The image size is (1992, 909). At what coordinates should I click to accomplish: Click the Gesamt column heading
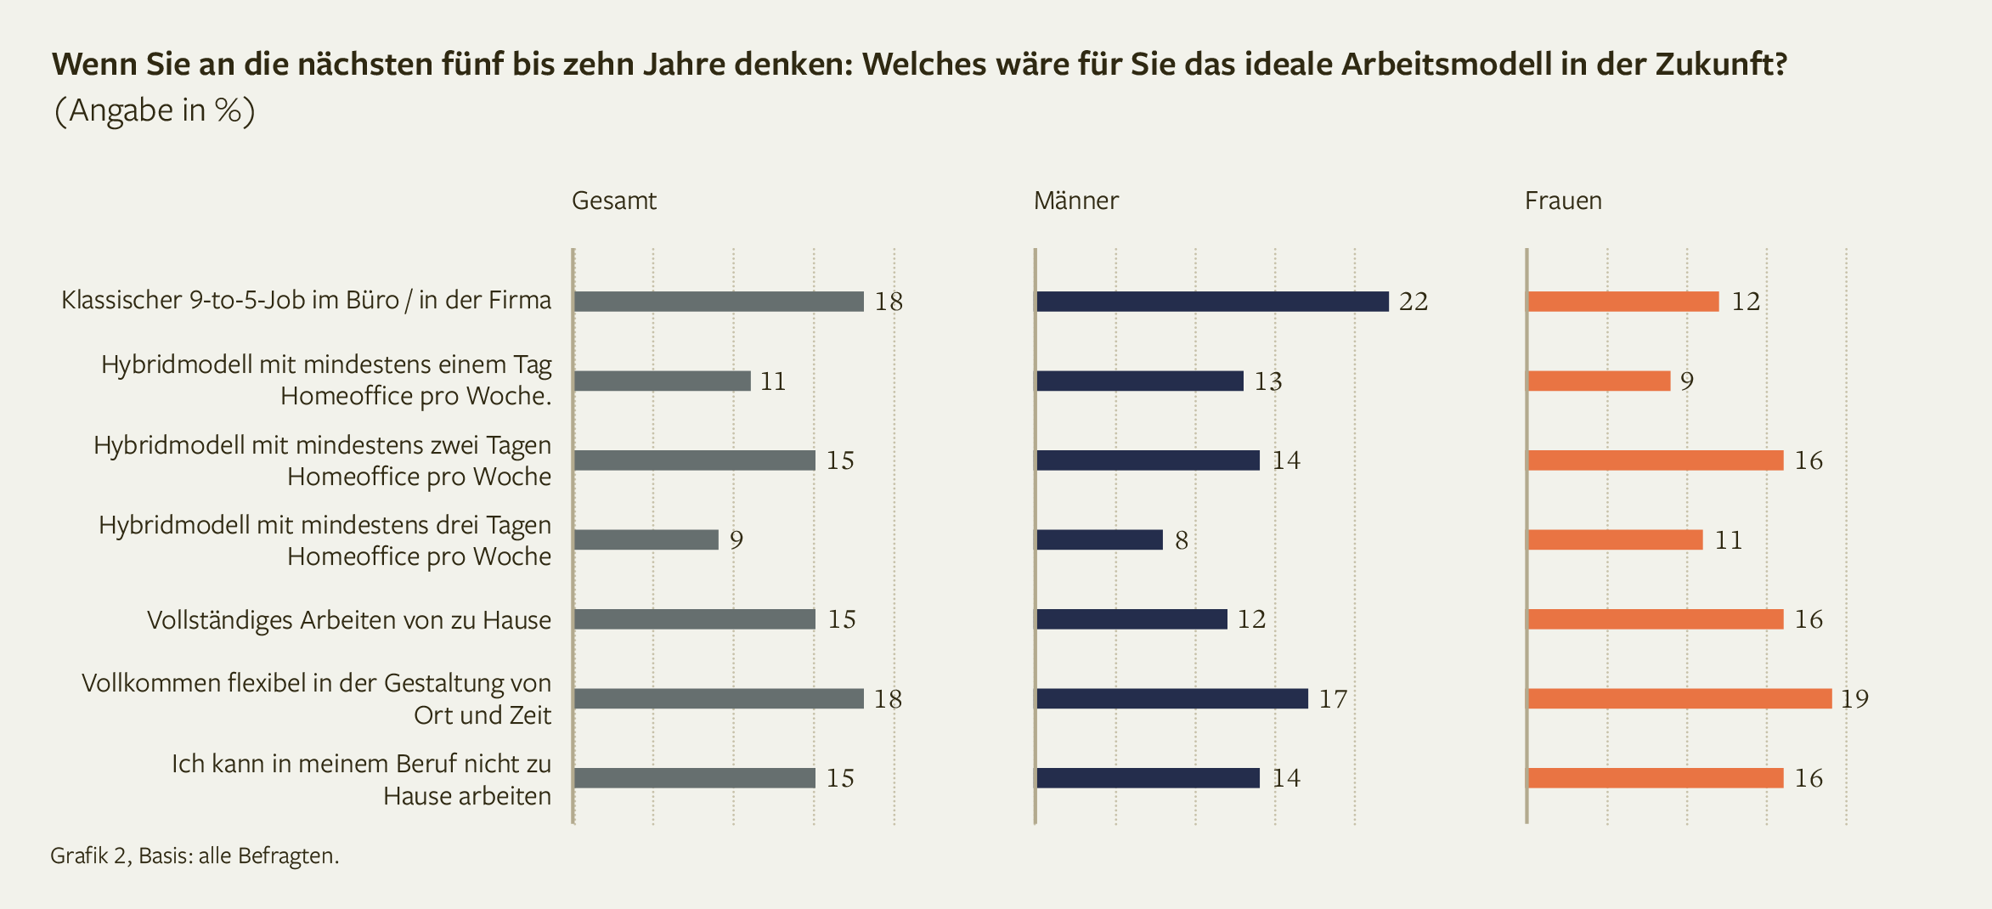click(614, 200)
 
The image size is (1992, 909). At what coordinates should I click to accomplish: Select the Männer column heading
click(1075, 200)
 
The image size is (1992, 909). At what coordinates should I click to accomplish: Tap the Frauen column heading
click(1563, 200)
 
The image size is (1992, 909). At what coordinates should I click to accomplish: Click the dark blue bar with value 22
click(1212, 302)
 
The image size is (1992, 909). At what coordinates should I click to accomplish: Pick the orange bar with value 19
click(1679, 698)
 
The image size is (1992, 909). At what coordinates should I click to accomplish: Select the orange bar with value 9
click(1599, 381)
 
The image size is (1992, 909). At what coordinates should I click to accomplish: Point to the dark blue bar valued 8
click(1099, 539)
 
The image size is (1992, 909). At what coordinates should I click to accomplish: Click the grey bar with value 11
click(663, 381)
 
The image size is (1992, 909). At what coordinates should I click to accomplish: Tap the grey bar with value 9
click(646, 539)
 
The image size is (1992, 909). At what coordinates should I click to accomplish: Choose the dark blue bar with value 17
click(1172, 698)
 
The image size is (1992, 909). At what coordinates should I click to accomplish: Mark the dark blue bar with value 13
click(1140, 381)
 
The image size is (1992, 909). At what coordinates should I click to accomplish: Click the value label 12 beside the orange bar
click(1746, 302)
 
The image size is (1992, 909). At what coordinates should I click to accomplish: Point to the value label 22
click(1414, 302)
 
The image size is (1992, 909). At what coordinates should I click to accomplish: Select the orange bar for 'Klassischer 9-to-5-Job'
click(1623, 302)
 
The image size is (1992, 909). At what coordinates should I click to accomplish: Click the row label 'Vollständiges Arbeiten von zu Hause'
click(349, 620)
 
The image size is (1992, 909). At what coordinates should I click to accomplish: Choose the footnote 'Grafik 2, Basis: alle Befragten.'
click(195, 855)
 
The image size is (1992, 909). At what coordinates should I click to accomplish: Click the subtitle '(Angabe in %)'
click(154, 110)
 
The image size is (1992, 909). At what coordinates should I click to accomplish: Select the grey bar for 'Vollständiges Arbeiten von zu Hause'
click(695, 619)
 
